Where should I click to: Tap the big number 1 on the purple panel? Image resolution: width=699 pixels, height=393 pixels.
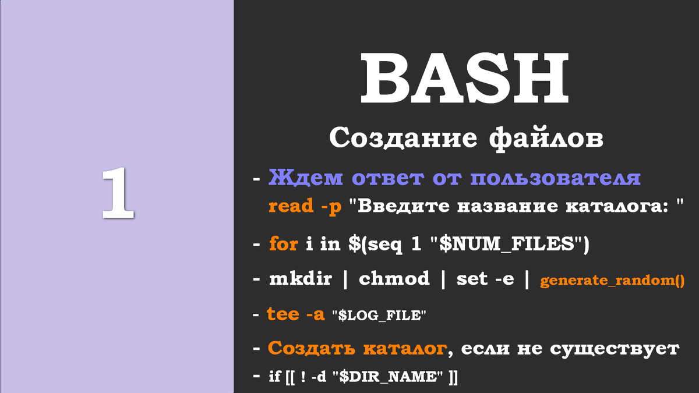[118, 194]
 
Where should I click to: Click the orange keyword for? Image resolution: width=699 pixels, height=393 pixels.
[284, 245]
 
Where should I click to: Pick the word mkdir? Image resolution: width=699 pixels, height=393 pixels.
[301, 279]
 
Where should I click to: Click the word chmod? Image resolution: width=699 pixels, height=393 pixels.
[394, 279]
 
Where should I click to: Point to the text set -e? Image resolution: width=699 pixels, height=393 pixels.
[485, 279]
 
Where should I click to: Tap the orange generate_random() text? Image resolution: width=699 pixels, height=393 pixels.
[612, 281]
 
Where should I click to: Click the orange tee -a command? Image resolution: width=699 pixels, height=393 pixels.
[296, 314]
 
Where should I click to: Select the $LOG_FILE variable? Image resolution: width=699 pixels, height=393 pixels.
[379, 316]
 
